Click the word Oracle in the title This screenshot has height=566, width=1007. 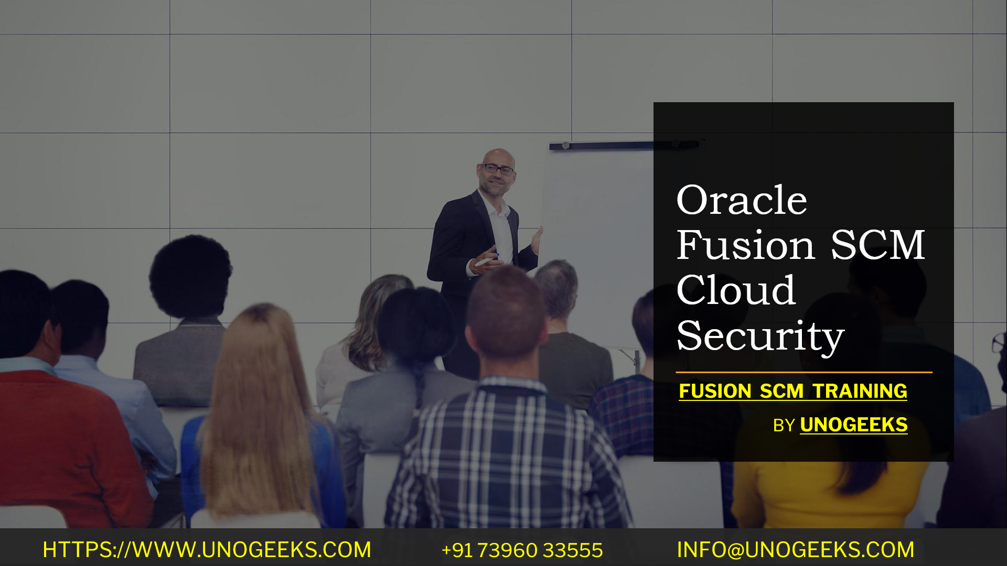[x=741, y=201]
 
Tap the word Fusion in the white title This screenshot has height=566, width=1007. [x=745, y=245]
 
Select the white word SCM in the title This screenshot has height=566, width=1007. [x=877, y=245]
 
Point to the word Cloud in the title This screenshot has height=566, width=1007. [x=736, y=290]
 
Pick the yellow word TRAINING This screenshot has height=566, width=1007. [x=860, y=391]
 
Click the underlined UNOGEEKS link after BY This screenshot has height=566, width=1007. [x=853, y=425]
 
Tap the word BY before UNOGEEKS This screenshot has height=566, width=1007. [x=784, y=426]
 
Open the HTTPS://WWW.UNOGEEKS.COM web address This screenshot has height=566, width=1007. [x=207, y=550]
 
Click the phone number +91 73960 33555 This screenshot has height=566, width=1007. [x=522, y=550]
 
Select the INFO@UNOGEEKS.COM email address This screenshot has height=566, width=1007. [x=795, y=550]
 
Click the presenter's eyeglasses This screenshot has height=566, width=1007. [x=498, y=169]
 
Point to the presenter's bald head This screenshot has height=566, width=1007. [x=497, y=156]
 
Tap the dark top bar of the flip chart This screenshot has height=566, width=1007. [x=603, y=146]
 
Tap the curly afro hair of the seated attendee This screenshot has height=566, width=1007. [x=190, y=275]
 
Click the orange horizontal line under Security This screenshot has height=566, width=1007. [x=804, y=373]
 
